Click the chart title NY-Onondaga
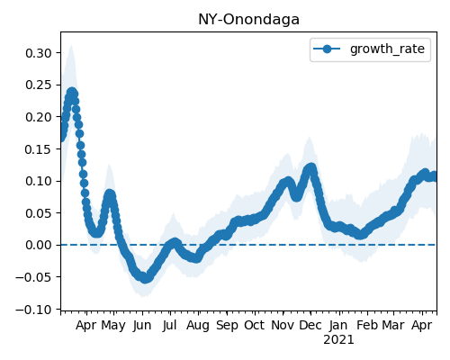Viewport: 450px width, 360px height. pyautogui.click(x=248, y=20)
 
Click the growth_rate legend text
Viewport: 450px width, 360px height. pyautogui.click(x=387, y=49)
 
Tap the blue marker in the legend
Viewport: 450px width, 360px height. pyautogui.click(x=327, y=49)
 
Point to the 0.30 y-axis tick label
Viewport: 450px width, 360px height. pyautogui.click(x=39, y=53)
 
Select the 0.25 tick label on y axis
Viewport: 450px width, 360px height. pyautogui.click(x=39, y=85)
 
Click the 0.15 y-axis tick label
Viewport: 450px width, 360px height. pyautogui.click(x=39, y=149)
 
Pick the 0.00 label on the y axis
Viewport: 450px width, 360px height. pyautogui.click(x=39, y=245)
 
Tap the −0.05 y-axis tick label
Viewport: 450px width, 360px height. pyautogui.click(x=34, y=277)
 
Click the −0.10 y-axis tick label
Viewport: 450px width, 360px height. pyautogui.click(x=34, y=310)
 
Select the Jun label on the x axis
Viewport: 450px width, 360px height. pyautogui.click(x=142, y=326)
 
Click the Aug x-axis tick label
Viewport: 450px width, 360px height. pyautogui.click(x=198, y=326)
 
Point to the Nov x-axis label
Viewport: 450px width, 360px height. pyautogui.click(x=283, y=325)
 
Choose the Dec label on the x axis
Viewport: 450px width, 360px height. pyautogui.click(x=310, y=325)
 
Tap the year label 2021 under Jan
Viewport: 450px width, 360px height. pyautogui.click(x=338, y=340)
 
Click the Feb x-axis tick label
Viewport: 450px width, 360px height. pyautogui.click(x=367, y=325)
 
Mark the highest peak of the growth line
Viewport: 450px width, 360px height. pyautogui.click(x=72, y=93)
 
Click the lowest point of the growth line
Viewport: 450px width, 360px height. pyautogui.click(x=145, y=279)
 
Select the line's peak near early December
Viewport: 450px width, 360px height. pyautogui.click(x=311, y=167)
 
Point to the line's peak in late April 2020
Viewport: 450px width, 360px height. pyautogui.click(x=110, y=194)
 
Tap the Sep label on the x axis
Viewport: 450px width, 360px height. pyautogui.click(x=227, y=326)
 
